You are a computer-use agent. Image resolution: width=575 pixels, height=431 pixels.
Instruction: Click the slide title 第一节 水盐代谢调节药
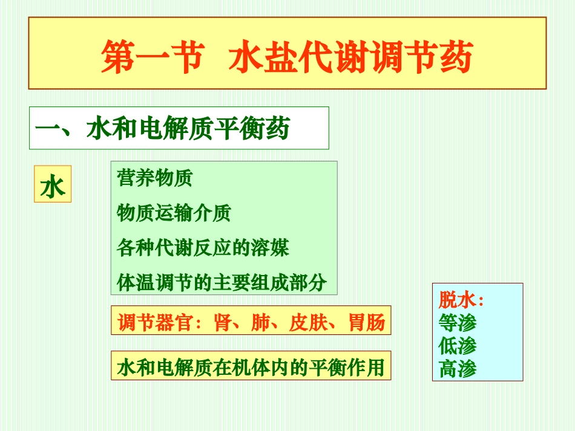click(x=286, y=57)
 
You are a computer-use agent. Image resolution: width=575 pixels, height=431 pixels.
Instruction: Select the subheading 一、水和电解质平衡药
click(x=162, y=129)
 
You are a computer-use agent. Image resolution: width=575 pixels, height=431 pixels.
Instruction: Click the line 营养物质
click(x=154, y=178)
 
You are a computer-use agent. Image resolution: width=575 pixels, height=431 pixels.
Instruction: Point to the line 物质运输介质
click(x=174, y=213)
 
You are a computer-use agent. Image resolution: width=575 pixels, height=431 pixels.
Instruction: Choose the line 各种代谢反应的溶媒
click(x=203, y=248)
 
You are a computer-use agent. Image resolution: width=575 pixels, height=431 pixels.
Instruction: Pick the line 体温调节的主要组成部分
click(x=222, y=282)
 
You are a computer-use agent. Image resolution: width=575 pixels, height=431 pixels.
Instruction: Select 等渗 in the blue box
click(x=458, y=323)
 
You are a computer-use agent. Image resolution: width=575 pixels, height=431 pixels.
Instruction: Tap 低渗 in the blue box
click(x=458, y=346)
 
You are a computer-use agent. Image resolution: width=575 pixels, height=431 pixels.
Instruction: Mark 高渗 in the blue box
click(x=458, y=369)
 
